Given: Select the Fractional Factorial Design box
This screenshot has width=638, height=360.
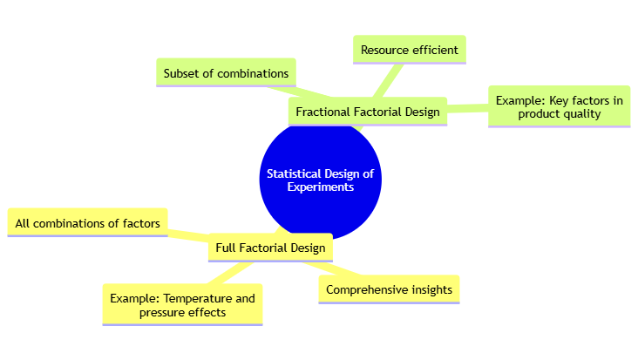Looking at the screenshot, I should pyautogui.click(x=367, y=112).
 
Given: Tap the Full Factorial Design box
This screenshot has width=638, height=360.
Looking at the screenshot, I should pyautogui.click(x=269, y=248).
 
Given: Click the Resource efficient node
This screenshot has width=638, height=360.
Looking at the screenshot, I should pyautogui.click(x=409, y=50).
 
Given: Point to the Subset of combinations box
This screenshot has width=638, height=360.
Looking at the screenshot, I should pyautogui.click(x=226, y=73).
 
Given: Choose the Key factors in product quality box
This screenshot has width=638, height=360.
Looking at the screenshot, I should pyautogui.click(x=559, y=106).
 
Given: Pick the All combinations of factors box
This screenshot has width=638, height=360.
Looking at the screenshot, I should pyautogui.click(x=87, y=223).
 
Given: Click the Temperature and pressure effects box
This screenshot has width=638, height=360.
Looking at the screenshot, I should pyautogui.click(x=182, y=305).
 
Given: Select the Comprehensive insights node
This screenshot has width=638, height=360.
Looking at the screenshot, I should pyautogui.click(x=389, y=289).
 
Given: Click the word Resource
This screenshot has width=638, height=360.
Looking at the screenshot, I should pyautogui.click(x=385, y=50).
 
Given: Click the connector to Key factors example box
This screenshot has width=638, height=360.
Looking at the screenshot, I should pyautogui.click(x=467, y=108).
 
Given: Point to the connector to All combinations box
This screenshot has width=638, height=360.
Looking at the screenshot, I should pyautogui.click(x=187, y=234).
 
